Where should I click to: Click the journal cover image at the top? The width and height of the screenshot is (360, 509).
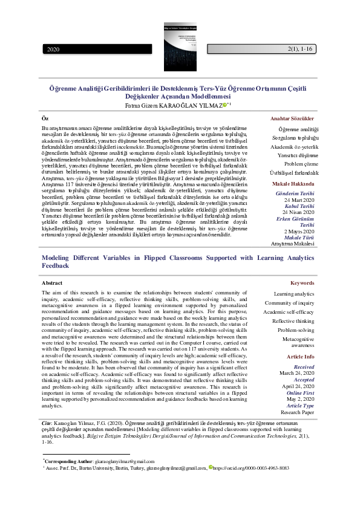[x=180, y=39]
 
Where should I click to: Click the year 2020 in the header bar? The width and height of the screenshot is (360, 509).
[x=53, y=49]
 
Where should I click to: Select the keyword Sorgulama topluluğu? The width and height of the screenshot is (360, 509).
[x=293, y=138]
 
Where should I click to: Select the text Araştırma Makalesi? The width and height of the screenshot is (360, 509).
[x=293, y=244]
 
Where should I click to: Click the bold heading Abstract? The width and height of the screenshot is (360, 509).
[x=51, y=283]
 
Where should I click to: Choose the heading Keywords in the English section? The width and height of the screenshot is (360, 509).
[x=303, y=283]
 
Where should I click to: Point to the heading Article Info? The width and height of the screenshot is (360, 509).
[x=299, y=357]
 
